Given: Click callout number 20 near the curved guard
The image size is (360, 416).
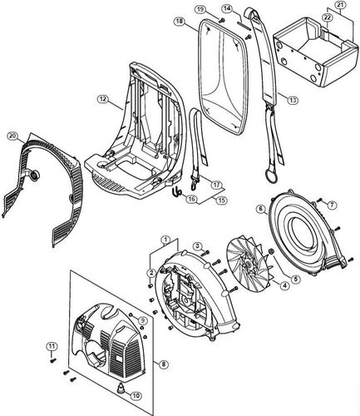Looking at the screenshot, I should pos(11,135).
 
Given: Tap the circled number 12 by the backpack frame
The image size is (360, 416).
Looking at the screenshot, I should pos(102,99).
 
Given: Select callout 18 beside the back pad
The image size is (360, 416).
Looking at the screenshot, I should pos(179,23).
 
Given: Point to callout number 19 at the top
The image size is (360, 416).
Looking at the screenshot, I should pos(200,9).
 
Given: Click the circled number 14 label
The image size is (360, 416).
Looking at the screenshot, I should pos(226,7).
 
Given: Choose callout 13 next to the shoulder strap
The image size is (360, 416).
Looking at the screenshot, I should pos(293,100).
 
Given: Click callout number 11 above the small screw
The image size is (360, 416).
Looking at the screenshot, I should pos(50,346).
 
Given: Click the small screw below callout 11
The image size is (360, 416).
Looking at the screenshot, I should pos(51,364).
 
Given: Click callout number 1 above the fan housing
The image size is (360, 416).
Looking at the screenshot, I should pos(165,239).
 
